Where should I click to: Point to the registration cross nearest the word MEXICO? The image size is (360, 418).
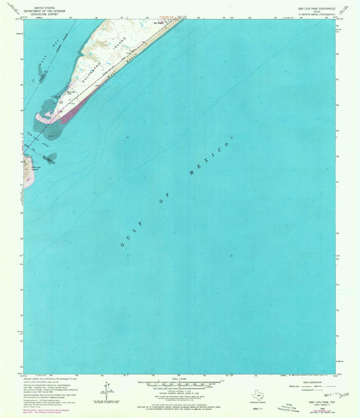(230, 138)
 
